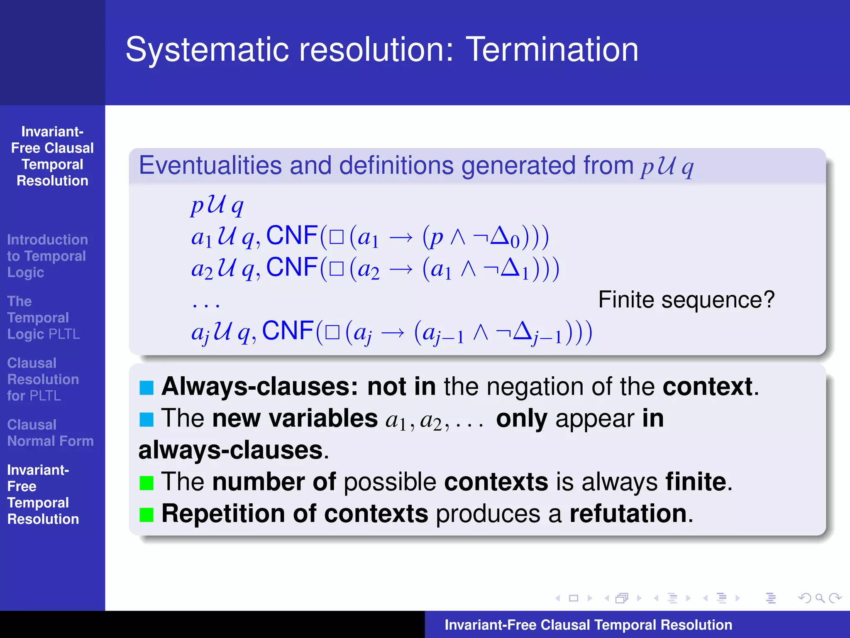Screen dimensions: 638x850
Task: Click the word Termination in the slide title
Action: tap(552, 49)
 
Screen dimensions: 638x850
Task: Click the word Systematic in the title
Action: tap(208, 49)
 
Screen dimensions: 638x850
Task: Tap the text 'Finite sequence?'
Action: tap(686, 299)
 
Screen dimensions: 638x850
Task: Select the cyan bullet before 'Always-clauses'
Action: tap(147, 387)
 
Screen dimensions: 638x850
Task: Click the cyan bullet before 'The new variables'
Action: tap(147, 419)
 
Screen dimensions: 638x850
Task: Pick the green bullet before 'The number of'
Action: tap(147, 483)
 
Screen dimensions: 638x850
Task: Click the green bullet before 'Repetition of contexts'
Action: tap(147, 514)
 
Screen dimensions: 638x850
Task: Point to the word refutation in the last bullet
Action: tap(628, 513)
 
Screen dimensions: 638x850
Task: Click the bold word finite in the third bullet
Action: tap(696, 482)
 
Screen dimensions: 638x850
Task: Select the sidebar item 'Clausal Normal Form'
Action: tap(50, 433)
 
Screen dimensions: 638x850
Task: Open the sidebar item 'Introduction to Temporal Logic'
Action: tap(47, 256)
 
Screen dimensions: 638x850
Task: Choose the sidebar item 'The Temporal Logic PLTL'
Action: tap(43, 318)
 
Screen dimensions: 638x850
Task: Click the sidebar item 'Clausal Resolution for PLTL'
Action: tap(43, 379)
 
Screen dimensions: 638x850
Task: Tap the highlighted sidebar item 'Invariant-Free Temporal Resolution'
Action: tap(43, 494)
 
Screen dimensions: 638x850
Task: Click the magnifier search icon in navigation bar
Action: tap(819, 598)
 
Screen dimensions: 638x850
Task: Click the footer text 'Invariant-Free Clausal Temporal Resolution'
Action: tap(588, 625)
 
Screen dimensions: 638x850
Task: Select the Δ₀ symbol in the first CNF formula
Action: tap(504, 237)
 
